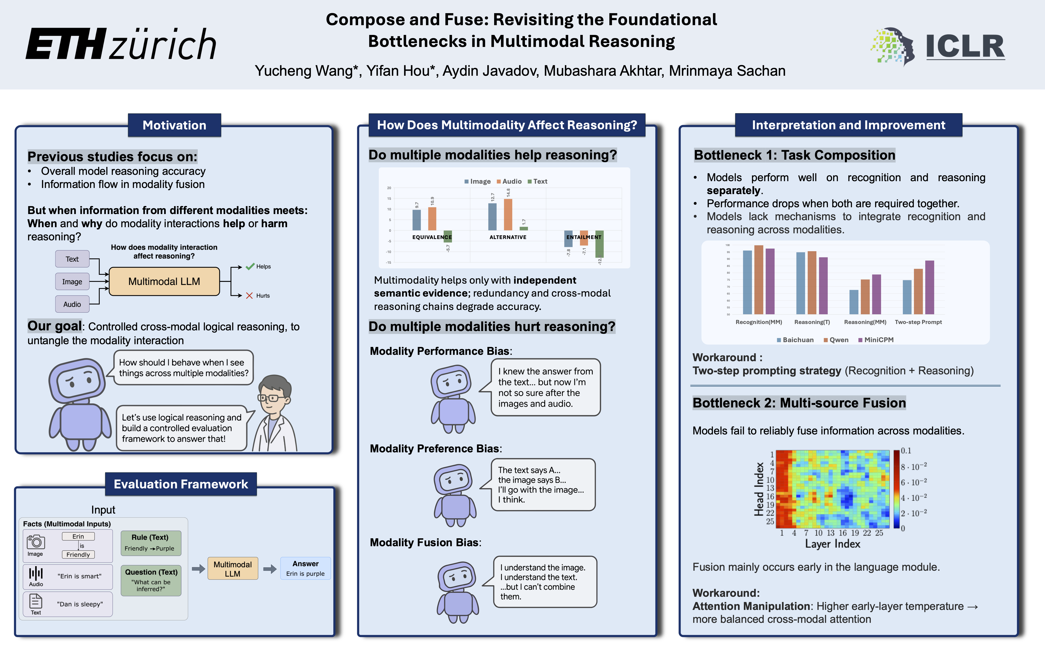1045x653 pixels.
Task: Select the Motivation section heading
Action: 174,125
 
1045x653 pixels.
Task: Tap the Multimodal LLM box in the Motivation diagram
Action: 164,282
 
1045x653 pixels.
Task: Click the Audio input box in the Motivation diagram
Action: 72,304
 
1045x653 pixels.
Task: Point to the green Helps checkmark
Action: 250,266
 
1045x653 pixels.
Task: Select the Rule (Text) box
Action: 150,542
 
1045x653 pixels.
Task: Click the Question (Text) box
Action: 151,580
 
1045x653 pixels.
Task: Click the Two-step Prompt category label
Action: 918,322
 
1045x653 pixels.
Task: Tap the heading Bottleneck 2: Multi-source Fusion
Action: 799,403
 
